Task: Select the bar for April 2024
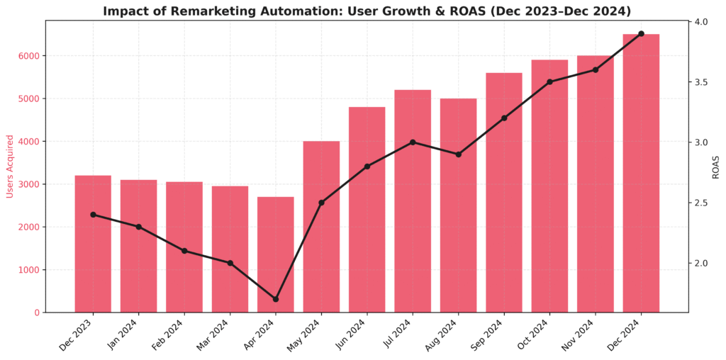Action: point(276,255)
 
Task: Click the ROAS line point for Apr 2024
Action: point(276,299)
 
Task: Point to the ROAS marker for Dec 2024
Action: point(641,33)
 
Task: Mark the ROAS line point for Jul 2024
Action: point(413,142)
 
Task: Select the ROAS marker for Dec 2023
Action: point(93,215)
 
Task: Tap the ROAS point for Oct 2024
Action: point(549,82)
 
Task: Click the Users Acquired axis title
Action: point(9,167)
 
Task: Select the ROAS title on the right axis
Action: point(716,167)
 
